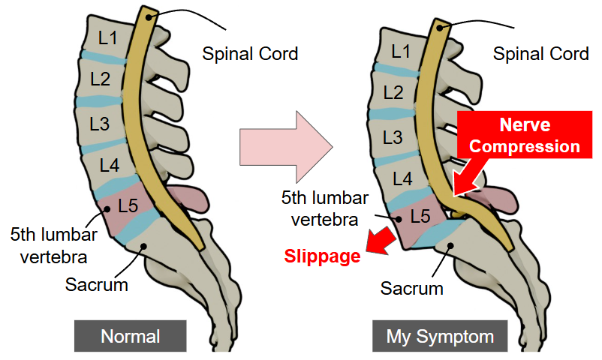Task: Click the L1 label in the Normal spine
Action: [107, 37]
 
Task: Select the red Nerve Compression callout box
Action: [521, 134]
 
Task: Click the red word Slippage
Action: [322, 256]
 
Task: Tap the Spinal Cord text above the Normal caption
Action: [250, 54]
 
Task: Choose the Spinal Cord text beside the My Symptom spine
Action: [540, 54]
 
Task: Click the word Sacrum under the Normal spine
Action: [95, 285]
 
